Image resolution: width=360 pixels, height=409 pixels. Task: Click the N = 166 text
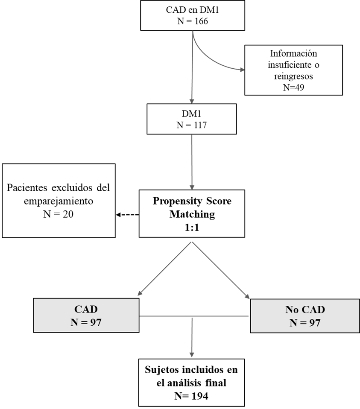pyautogui.click(x=193, y=21)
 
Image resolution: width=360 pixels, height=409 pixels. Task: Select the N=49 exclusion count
pyautogui.click(x=293, y=87)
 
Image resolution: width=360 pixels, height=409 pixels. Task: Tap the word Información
pyautogui.click(x=293, y=53)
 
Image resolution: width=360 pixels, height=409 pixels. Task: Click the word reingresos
pyautogui.click(x=293, y=76)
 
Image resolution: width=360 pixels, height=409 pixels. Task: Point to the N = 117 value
pyautogui.click(x=191, y=125)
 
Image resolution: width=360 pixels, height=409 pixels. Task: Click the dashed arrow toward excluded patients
pyautogui.click(x=127, y=215)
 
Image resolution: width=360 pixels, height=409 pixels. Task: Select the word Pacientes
pyautogui.click(x=27, y=187)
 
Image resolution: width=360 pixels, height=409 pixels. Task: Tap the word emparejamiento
pyautogui.click(x=59, y=201)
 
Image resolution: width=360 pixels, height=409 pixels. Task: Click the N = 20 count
pyautogui.click(x=59, y=214)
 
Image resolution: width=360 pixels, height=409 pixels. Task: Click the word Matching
pyautogui.click(x=192, y=214)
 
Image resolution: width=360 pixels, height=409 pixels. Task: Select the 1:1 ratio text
pyautogui.click(x=192, y=228)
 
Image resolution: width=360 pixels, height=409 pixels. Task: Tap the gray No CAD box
pyautogui.click(x=305, y=316)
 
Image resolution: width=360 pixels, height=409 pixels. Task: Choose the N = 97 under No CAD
pyautogui.click(x=305, y=323)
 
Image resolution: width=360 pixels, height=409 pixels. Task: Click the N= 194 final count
pyautogui.click(x=191, y=396)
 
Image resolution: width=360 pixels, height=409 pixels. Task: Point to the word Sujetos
pyautogui.click(x=162, y=370)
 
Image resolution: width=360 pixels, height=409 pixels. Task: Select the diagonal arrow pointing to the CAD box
pyautogui.click(x=165, y=269)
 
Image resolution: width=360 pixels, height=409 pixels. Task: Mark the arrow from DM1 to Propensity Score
pyautogui.click(x=192, y=162)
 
